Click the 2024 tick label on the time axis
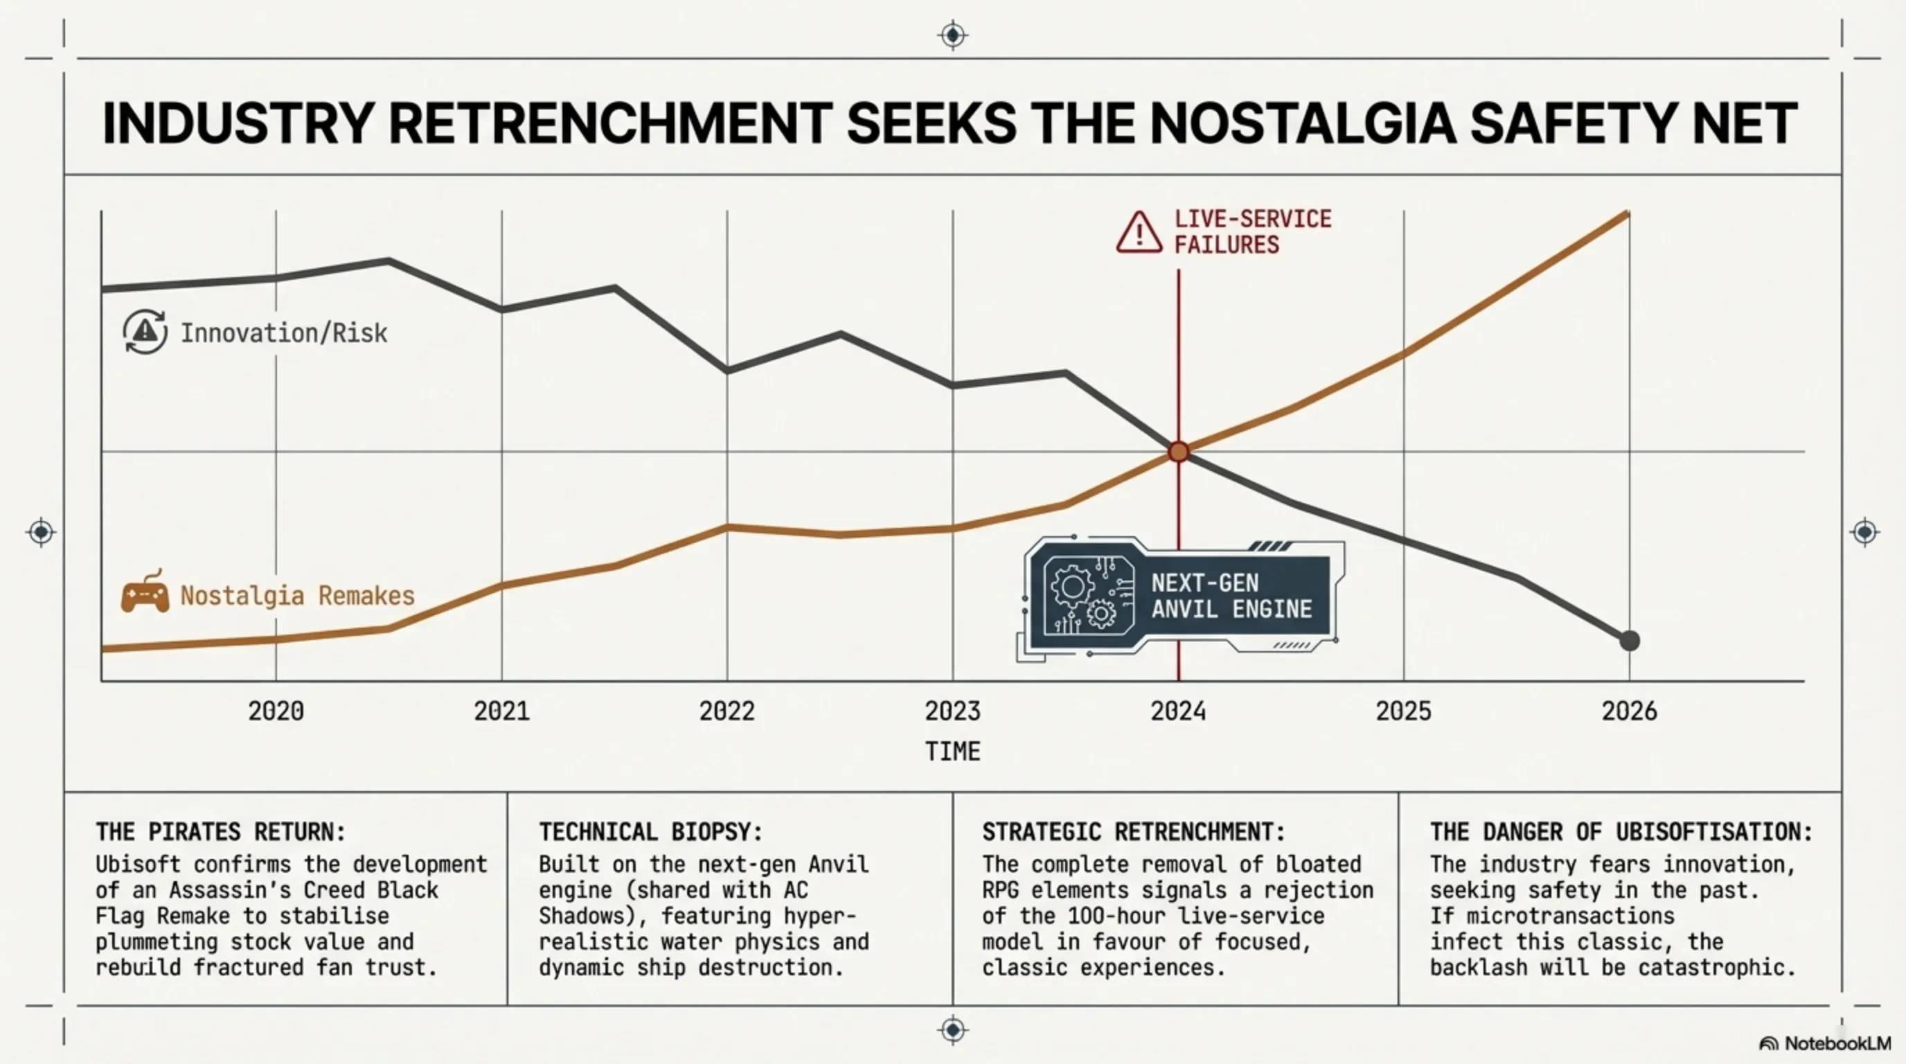pyautogui.click(x=1178, y=711)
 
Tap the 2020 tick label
pyautogui.click(x=276, y=711)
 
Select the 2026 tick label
pyautogui.click(x=1629, y=711)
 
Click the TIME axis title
pyautogui.click(x=953, y=752)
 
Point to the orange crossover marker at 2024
pyautogui.click(x=1179, y=452)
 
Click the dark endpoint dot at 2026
pyautogui.click(x=1629, y=641)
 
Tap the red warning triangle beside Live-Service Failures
pyautogui.click(x=1139, y=233)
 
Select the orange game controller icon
pyautogui.click(x=145, y=594)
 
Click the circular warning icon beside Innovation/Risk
pyautogui.click(x=145, y=332)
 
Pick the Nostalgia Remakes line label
pyautogui.click(x=297, y=596)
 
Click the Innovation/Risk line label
pyautogui.click(x=284, y=333)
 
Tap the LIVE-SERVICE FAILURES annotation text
pyautogui.click(x=1253, y=231)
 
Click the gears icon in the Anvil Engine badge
pyautogui.click(x=1087, y=596)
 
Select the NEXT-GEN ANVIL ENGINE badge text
pyautogui.click(x=1231, y=596)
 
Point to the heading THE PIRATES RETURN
pyautogui.click(x=220, y=832)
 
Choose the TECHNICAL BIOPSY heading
pyautogui.click(x=650, y=832)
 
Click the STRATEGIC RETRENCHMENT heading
pyautogui.click(x=1134, y=832)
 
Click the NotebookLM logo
pyautogui.click(x=1824, y=1043)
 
